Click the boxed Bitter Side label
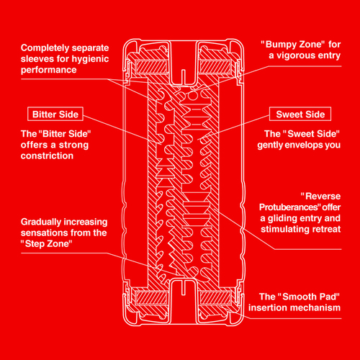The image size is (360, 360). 55,114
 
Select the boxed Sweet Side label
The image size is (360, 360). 300,114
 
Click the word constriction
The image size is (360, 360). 47,156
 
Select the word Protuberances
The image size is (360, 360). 289,207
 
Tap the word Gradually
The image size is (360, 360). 37,222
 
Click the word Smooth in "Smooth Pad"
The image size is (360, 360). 296,297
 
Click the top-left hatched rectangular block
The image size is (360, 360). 151,67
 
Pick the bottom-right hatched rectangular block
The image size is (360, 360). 215,297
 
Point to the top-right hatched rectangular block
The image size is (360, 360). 215,67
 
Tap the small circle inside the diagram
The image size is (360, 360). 192,96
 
